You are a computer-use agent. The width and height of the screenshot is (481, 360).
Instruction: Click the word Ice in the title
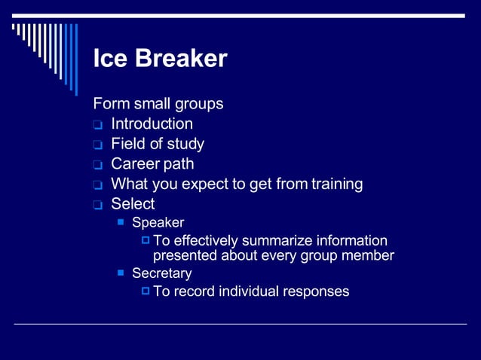tap(108, 59)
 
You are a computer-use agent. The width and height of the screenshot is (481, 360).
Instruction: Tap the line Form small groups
tap(158, 103)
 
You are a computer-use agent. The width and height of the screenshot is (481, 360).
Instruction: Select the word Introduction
tap(152, 124)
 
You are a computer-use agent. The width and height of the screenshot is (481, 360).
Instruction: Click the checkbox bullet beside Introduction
tap(97, 125)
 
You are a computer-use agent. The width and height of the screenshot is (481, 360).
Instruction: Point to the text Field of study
tap(157, 144)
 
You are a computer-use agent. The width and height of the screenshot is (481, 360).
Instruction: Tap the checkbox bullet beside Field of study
tap(97, 145)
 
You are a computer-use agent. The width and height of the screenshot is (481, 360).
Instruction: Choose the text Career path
tap(152, 163)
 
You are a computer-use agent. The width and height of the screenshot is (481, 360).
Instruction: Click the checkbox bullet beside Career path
tap(97, 165)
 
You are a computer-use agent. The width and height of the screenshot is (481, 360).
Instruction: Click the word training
tap(337, 184)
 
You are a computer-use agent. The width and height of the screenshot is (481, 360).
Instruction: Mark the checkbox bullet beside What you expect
tap(97, 185)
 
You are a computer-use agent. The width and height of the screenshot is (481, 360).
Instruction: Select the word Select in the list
tap(133, 204)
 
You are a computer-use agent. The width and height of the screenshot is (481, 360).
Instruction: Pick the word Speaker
tap(158, 223)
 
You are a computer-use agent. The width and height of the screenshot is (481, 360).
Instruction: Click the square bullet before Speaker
tap(121, 222)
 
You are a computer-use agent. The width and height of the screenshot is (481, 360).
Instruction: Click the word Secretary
tap(161, 273)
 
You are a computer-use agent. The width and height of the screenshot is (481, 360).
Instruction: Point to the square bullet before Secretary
tap(121, 273)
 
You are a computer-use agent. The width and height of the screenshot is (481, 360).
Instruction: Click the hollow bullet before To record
tap(146, 291)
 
